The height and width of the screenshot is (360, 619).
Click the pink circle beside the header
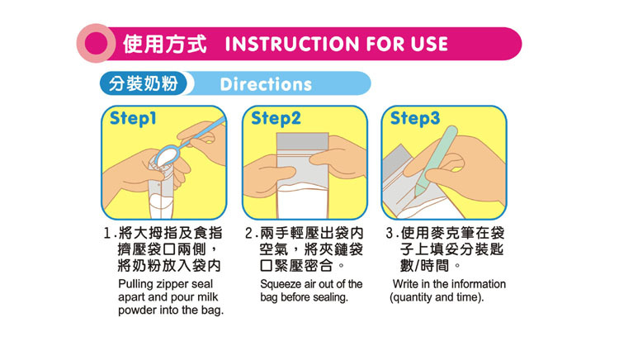pos(96,44)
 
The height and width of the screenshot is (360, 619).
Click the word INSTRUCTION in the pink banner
pos(292,44)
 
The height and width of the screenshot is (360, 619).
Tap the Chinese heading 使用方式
pos(164,44)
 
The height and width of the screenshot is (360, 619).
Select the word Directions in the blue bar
pos(266,84)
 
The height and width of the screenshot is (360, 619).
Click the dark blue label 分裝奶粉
pos(143,83)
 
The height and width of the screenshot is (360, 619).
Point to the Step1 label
pos(133,118)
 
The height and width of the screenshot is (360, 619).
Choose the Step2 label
pos(276,118)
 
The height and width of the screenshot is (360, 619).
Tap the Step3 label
pos(415,118)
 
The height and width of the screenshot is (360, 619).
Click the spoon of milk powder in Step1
pos(170,154)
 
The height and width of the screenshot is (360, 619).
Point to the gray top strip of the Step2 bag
pos(302,140)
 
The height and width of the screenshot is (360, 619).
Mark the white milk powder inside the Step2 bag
pos(302,201)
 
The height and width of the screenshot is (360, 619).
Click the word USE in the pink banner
pos(429,44)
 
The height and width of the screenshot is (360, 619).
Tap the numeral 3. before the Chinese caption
pos(390,234)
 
